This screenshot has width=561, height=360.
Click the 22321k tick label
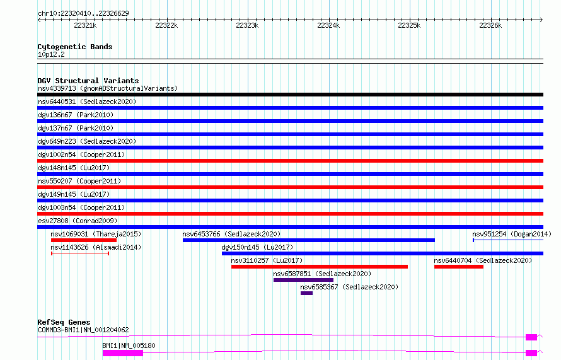click(85, 25)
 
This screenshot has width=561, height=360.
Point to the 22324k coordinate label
click(328, 25)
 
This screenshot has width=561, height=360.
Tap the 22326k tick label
click(490, 25)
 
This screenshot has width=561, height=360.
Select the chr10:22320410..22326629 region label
click(83, 13)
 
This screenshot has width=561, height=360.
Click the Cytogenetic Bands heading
click(75, 47)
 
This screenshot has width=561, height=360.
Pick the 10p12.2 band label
click(51, 54)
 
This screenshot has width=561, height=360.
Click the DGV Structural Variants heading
click(88, 81)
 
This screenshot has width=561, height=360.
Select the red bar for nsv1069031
click(84, 240)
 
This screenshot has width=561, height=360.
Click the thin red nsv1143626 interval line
click(80, 253)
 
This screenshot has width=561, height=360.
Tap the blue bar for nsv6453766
click(309, 240)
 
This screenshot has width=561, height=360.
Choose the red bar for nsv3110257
click(320, 267)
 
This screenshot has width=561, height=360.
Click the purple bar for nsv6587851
click(303, 280)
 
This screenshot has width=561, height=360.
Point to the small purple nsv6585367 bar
click(306, 293)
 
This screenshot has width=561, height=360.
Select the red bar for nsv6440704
click(459, 267)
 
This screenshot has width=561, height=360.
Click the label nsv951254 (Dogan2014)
click(512, 234)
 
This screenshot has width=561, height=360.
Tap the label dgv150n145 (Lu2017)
click(257, 247)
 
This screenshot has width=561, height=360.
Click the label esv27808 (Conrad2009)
click(78, 221)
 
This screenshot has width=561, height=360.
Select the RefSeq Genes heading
click(64, 322)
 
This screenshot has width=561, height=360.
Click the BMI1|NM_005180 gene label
click(129, 345)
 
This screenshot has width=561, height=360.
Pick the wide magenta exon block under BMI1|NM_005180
click(123, 353)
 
